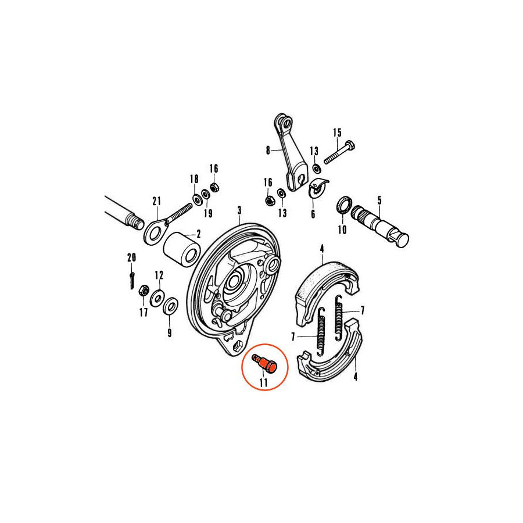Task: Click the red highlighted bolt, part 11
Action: pyautogui.click(x=265, y=364)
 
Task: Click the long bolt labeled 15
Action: pyautogui.click(x=339, y=152)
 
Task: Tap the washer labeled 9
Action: pyautogui.click(x=170, y=306)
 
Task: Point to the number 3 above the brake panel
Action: pyautogui.click(x=239, y=210)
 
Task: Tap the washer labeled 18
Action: pyautogui.click(x=198, y=199)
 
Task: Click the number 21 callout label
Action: pyautogui.click(x=156, y=202)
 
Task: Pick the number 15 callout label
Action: pyautogui.click(x=337, y=132)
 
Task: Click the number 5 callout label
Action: pyautogui.click(x=379, y=201)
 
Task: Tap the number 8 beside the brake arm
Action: pyautogui.click(x=268, y=151)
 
